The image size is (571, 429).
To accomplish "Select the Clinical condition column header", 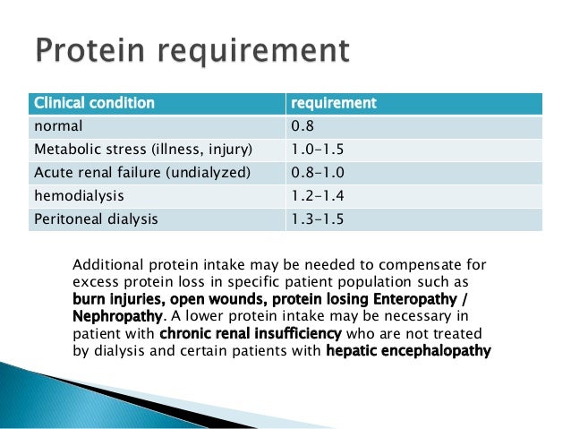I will tap(93, 103).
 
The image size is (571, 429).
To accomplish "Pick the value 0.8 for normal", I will tap(303, 126).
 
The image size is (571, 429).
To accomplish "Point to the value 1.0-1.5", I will tap(315, 149).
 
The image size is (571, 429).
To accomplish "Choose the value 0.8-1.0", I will tap(315, 172).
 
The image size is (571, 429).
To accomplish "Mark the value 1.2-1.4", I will tap(315, 195).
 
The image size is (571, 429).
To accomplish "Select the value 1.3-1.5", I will tap(315, 219).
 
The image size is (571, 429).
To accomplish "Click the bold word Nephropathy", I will tap(116, 316).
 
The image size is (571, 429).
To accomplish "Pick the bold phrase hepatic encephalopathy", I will tap(408, 350).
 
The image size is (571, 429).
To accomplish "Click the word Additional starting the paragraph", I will tap(105, 265).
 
